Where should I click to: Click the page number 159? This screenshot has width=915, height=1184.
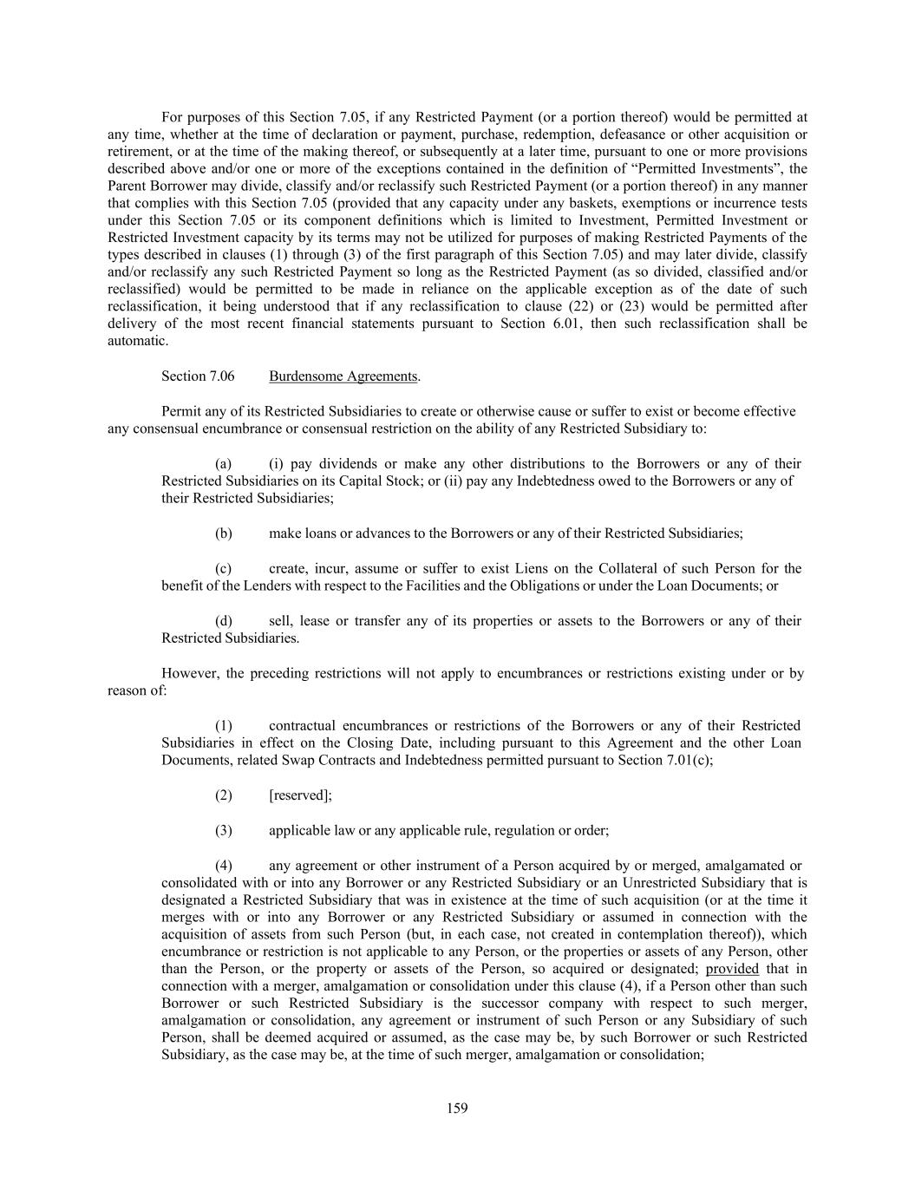pos(457,1108)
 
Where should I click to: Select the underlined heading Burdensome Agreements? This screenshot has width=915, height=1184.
pos(343,376)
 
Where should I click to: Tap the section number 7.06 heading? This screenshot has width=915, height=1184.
pos(198,376)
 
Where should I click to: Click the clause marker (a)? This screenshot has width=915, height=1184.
pos(224,464)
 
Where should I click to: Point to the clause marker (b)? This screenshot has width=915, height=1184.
pos(224,533)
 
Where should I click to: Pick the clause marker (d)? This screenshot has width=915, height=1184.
pos(224,621)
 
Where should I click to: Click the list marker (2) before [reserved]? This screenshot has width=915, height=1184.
pos(224,795)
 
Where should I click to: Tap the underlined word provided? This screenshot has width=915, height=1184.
pos(732,969)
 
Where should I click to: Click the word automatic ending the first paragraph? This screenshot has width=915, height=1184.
pos(137,341)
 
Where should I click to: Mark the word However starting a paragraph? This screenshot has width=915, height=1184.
pos(189,673)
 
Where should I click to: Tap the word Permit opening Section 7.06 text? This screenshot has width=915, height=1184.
pos(180,411)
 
